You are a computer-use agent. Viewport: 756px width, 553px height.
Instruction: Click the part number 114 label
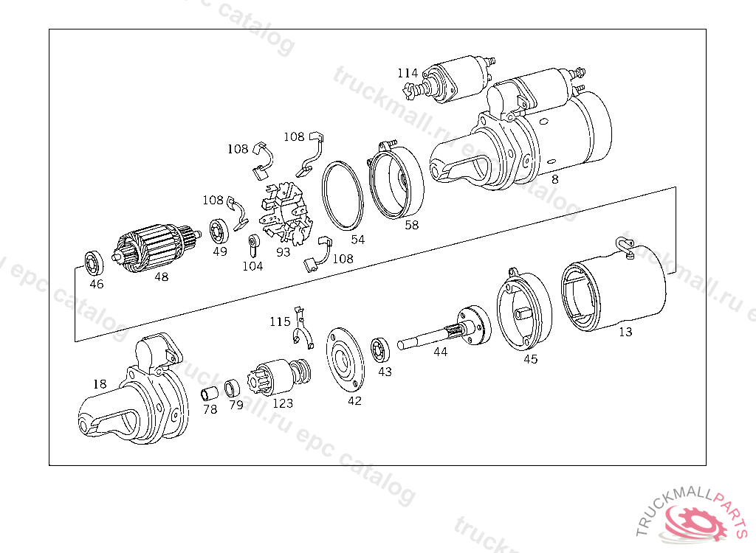click(408, 73)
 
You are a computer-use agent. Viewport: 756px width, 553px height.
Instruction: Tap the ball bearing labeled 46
click(94, 262)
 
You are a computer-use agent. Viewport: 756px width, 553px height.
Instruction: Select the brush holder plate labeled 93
click(287, 213)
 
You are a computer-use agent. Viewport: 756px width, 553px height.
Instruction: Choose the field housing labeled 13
click(613, 288)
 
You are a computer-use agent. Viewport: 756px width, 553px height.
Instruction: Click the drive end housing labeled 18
click(137, 398)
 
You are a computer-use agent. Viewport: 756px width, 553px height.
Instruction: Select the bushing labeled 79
click(233, 387)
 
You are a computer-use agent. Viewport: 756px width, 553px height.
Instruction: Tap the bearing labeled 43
click(382, 349)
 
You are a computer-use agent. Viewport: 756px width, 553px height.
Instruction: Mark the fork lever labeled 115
click(300, 330)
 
